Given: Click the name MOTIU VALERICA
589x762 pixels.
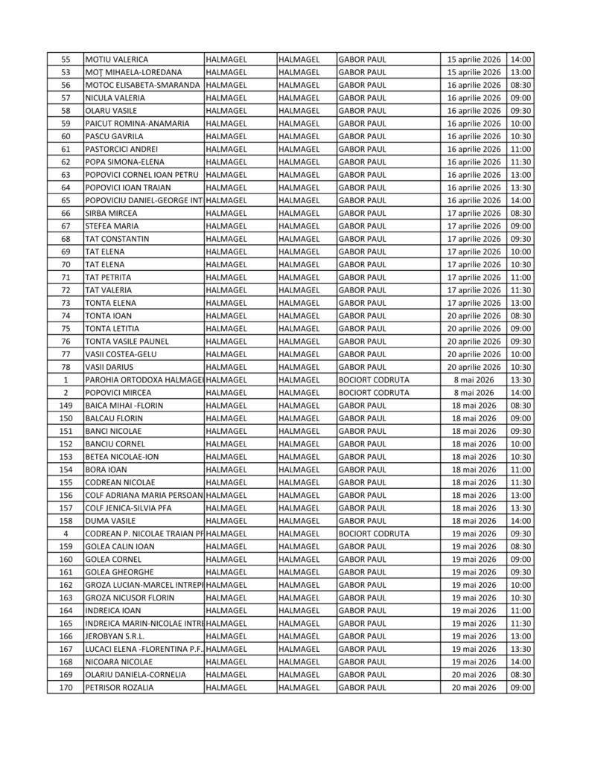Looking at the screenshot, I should [x=117, y=60].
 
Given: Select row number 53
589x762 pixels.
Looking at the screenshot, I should [x=66, y=72].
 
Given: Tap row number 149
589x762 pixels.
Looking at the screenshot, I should [x=66, y=406].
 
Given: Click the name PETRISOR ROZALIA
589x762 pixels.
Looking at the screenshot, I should [x=120, y=688].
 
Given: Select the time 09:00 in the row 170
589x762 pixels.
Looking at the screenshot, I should [x=521, y=688].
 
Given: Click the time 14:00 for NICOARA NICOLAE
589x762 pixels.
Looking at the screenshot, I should [x=521, y=662].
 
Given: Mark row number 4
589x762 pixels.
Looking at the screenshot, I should [x=66, y=534].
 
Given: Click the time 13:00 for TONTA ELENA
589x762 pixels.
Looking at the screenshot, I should [x=521, y=303].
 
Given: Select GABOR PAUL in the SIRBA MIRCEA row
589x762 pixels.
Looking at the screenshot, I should [x=363, y=213].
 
